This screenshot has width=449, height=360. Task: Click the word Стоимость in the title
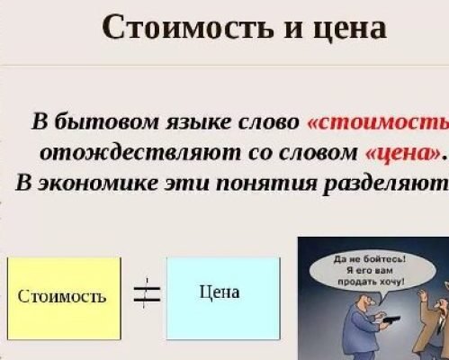[170, 27]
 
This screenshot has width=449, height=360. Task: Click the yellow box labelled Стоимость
[63, 294]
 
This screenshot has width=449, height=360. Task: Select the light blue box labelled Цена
[223, 292]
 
